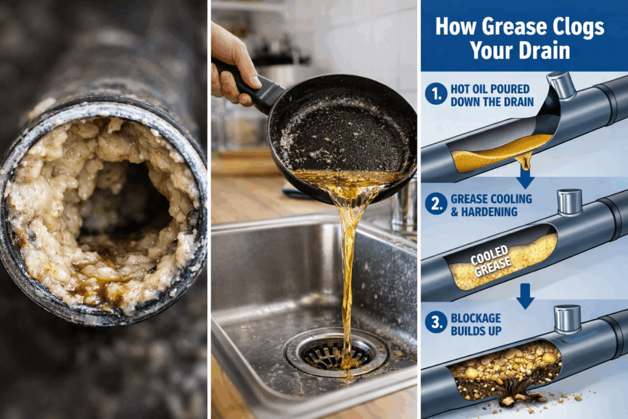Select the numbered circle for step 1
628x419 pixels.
[436, 94]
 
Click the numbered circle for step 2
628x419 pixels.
[436, 204]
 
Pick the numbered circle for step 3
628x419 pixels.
[436, 323]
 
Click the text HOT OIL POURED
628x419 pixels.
[490, 89]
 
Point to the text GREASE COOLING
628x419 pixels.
[491, 199]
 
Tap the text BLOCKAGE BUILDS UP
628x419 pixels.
[476, 325]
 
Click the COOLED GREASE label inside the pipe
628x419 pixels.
[491, 261]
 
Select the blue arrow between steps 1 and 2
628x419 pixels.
[525, 177]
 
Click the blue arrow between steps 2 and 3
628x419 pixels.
[525, 296]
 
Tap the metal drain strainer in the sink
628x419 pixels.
[335, 353]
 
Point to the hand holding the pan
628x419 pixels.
[234, 64]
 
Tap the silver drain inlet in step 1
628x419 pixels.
[562, 85]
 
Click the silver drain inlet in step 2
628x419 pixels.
[570, 202]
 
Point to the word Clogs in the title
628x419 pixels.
[578, 27]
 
